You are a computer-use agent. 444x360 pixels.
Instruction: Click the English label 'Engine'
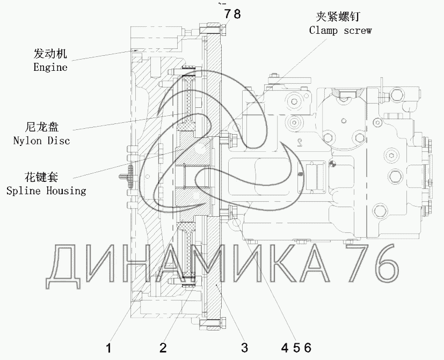50,68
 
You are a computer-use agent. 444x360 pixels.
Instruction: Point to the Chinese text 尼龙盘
42,128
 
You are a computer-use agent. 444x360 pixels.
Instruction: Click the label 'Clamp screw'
340,31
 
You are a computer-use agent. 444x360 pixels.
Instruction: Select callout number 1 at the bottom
108,348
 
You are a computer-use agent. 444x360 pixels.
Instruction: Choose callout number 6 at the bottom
307,348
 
